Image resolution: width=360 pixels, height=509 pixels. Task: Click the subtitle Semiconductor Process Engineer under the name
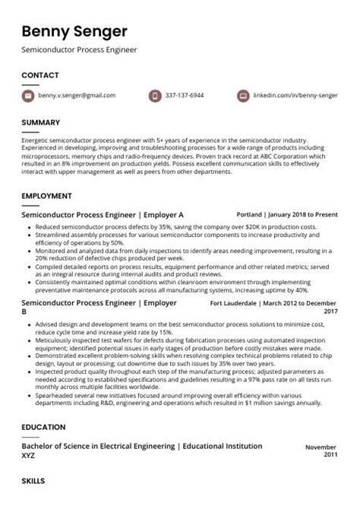click(x=79, y=51)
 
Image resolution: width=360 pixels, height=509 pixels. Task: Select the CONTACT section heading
click(x=40, y=75)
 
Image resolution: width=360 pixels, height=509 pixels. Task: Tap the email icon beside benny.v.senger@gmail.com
click(x=28, y=96)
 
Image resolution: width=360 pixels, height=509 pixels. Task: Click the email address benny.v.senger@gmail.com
click(x=77, y=96)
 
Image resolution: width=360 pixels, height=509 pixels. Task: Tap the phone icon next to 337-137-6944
click(x=155, y=96)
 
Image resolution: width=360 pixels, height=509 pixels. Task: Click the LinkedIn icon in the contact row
click(x=243, y=96)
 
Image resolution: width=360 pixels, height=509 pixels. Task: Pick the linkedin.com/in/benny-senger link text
click(x=295, y=96)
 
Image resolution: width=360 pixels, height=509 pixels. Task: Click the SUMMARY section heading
click(x=42, y=122)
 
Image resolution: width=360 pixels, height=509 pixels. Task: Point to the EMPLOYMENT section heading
click(x=46, y=196)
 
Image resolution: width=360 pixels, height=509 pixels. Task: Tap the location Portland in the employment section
click(x=251, y=215)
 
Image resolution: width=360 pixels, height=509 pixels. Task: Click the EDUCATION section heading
click(x=43, y=428)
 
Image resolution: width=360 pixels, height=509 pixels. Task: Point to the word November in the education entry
click(x=321, y=448)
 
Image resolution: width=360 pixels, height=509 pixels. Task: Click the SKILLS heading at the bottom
click(x=33, y=481)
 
